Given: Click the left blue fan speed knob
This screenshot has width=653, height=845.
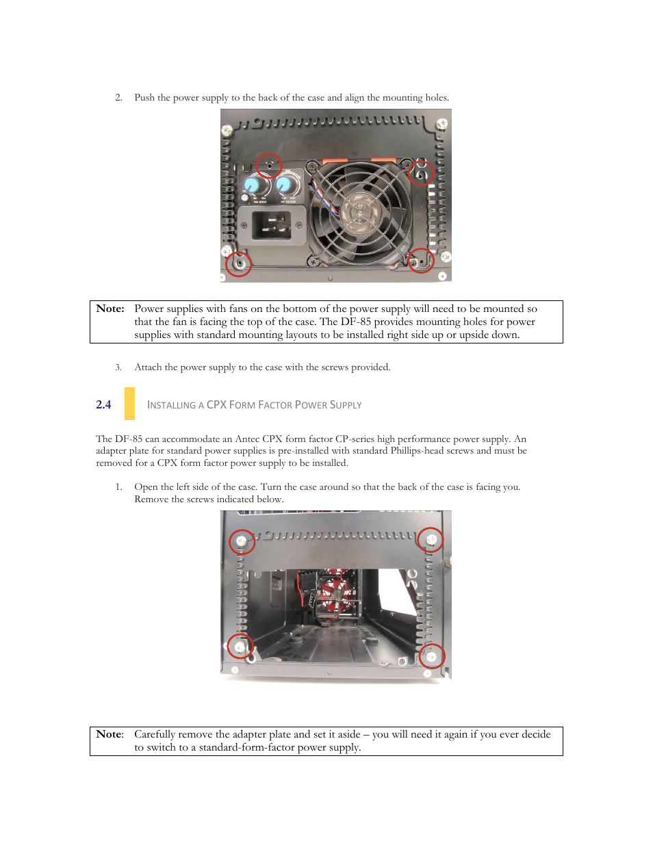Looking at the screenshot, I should [252, 185].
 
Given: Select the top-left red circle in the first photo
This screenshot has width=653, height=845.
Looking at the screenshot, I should [269, 166].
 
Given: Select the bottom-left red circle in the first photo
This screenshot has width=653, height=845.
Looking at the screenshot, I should [239, 263].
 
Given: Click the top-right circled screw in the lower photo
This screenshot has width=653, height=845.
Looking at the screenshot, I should [431, 540].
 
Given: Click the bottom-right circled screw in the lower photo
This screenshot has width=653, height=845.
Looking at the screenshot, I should [432, 657].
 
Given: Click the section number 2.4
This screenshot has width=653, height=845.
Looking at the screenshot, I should [103, 404].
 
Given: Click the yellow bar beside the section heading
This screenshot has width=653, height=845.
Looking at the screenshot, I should [129, 404].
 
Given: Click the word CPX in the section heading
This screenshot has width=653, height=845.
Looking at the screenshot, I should [216, 404].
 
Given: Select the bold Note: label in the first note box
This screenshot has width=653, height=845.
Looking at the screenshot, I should [110, 309].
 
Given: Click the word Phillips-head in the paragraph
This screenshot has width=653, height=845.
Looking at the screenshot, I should [417, 450].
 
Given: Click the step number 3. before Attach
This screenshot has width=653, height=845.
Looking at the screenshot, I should [118, 367].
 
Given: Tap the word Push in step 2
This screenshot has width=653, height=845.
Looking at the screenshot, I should [144, 97].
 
